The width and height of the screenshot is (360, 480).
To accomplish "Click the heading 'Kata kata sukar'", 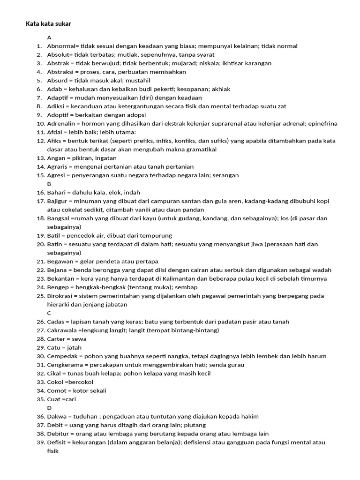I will [48, 23].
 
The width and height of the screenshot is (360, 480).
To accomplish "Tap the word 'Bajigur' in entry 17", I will [58, 201].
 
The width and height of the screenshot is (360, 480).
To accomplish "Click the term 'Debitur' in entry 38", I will [58, 434].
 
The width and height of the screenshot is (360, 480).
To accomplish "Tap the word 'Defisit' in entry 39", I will [57, 442].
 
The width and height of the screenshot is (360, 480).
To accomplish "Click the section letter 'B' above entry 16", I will [49, 184].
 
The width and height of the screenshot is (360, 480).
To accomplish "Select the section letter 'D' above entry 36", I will [49, 408].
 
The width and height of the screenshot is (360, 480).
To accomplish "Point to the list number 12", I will [40, 141].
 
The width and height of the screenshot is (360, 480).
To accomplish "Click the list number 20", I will [40, 244].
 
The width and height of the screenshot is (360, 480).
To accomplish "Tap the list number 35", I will [40, 399].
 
